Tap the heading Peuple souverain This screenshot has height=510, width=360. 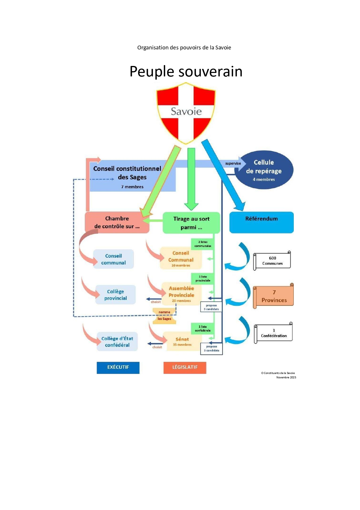click(186, 71)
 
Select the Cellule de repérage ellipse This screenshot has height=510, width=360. click(264, 170)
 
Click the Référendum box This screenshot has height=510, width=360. click(261, 222)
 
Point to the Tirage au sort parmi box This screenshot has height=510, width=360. click(191, 223)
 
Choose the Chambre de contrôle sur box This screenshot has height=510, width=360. click(117, 222)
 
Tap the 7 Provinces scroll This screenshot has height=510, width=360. click(274, 296)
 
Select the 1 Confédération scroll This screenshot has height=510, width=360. click(273, 333)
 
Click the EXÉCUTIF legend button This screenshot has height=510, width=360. click(118, 368)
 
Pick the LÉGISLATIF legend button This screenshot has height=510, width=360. click(185, 368)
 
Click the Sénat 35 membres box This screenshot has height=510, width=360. click(182, 342)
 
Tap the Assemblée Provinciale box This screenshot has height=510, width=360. click(181, 294)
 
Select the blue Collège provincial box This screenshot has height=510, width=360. click(116, 295)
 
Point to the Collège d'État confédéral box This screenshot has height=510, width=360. click(117, 342)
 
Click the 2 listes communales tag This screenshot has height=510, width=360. click(203, 244)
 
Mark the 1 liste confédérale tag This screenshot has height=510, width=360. click(203, 329)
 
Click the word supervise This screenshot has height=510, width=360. click(233, 164)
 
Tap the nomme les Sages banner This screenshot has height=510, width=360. click(164, 316)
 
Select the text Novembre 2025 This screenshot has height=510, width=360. click(286, 377)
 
